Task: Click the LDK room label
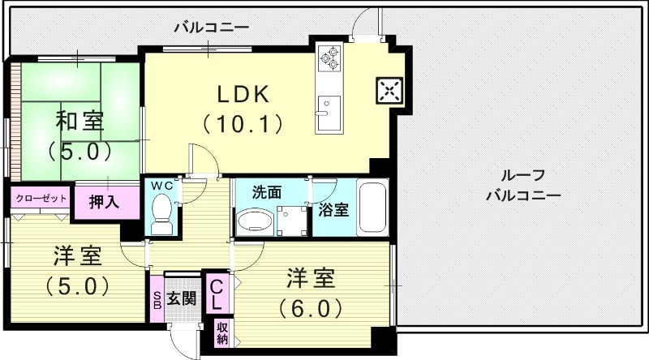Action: pyautogui.click(x=241, y=94)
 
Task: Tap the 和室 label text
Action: pyautogui.click(x=79, y=122)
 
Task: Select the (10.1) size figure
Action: pyautogui.click(x=242, y=124)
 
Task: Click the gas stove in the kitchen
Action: pyautogui.click(x=332, y=57)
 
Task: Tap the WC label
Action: pyautogui.click(x=162, y=186)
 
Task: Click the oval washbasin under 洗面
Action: pyautogui.click(x=256, y=221)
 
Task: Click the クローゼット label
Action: pyautogui.click(x=40, y=198)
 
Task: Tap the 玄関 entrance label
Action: pyautogui.click(x=181, y=298)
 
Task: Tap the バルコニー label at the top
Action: pyautogui.click(x=212, y=27)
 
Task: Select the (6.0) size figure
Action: pyautogui.click(x=311, y=309)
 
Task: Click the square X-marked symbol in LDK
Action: pyautogui.click(x=389, y=90)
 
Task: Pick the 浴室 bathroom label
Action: pyautogui.click(x=333, y=209)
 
